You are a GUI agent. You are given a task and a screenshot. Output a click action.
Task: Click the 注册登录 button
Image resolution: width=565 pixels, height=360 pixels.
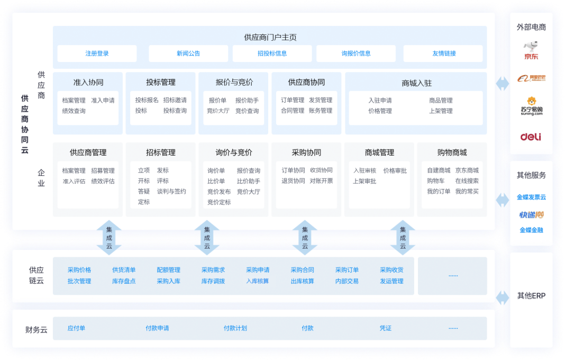(97, 53)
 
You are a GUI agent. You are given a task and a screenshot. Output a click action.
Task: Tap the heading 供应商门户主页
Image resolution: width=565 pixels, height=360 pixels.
(270, 37)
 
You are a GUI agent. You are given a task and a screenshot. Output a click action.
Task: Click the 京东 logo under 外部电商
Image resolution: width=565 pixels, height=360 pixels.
(531, 50)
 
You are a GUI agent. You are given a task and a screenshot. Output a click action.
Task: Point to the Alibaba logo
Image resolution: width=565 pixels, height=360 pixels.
(531, 78)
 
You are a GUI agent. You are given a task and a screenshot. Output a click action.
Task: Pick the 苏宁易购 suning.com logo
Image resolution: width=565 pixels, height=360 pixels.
(531, 106)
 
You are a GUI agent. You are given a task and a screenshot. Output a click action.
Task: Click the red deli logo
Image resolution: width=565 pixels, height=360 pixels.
(531, 137)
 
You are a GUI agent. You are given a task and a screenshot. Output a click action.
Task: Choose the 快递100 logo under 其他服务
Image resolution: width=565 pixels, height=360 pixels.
(531, 214)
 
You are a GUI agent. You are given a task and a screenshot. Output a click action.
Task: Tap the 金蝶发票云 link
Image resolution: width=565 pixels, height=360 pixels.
(531, 197)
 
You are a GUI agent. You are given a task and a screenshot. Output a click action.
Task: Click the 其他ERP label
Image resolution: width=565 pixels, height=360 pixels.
(531, 296)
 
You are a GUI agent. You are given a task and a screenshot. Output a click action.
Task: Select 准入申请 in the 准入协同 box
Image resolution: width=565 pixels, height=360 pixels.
(103, 100)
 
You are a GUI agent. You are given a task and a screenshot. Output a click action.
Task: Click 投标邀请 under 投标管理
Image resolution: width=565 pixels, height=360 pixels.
(175, 100)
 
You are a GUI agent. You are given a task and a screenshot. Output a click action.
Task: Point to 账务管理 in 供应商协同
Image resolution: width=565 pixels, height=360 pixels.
(321, 111)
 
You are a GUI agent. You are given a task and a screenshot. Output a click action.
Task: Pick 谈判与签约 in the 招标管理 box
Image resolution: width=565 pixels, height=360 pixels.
(171, 191)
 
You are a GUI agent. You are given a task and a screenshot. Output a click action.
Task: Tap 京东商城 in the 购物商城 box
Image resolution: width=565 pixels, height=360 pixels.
(467, 170)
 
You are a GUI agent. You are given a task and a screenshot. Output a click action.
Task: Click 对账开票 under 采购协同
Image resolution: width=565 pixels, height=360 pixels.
(321, 181)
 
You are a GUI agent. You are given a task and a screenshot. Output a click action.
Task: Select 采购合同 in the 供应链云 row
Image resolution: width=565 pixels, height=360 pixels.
(302, 270)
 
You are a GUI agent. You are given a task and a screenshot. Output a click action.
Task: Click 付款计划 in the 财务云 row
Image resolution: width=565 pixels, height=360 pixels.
(235, 328)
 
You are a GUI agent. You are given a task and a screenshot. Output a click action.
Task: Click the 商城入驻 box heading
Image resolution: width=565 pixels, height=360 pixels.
(416, 83)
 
